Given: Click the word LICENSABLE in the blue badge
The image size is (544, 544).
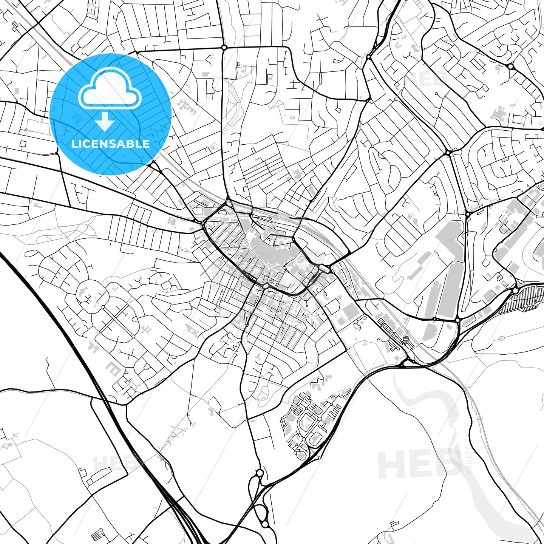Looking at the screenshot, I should click(x=110, y=144).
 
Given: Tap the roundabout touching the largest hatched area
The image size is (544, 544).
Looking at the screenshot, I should click(x=515, y=291).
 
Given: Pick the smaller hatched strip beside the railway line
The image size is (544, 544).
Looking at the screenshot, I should click(x=393, y=331).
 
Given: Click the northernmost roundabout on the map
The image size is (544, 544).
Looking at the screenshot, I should click(x=224, y=48).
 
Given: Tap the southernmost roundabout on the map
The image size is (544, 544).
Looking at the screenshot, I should click(x=265, y=524).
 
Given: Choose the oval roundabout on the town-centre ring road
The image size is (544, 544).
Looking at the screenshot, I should click(x=266, y=286).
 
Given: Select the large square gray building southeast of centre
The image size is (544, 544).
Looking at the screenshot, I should click(x=351, y=311).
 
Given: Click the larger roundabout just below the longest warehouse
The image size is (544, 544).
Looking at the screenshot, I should click(x=458, y=320).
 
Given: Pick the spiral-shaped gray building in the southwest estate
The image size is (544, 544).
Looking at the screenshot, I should click(x=113, y=368).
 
